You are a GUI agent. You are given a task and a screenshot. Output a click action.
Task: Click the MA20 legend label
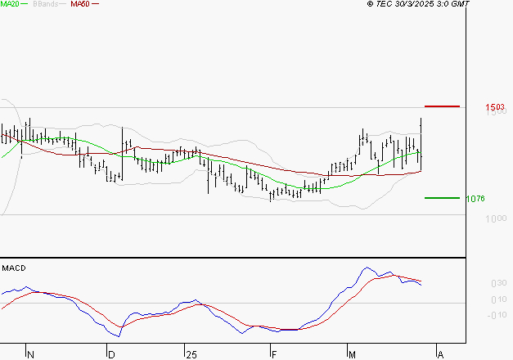10,4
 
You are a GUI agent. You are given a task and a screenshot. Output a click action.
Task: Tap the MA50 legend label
79,4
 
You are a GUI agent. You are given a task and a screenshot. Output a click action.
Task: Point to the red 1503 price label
493,107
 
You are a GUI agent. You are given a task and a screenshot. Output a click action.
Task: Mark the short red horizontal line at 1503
442,106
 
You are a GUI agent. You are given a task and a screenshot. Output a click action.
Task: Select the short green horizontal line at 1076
442,197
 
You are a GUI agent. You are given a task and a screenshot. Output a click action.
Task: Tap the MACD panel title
12,268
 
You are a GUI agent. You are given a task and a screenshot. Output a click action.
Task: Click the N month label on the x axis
31,354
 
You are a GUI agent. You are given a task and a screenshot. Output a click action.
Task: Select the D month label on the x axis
111,354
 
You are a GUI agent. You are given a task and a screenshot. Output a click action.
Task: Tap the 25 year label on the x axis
191,354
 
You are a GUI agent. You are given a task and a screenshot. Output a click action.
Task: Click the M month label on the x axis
353,354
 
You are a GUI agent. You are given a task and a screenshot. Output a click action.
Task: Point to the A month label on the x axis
440,354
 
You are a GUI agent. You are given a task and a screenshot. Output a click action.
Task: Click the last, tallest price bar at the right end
421,143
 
